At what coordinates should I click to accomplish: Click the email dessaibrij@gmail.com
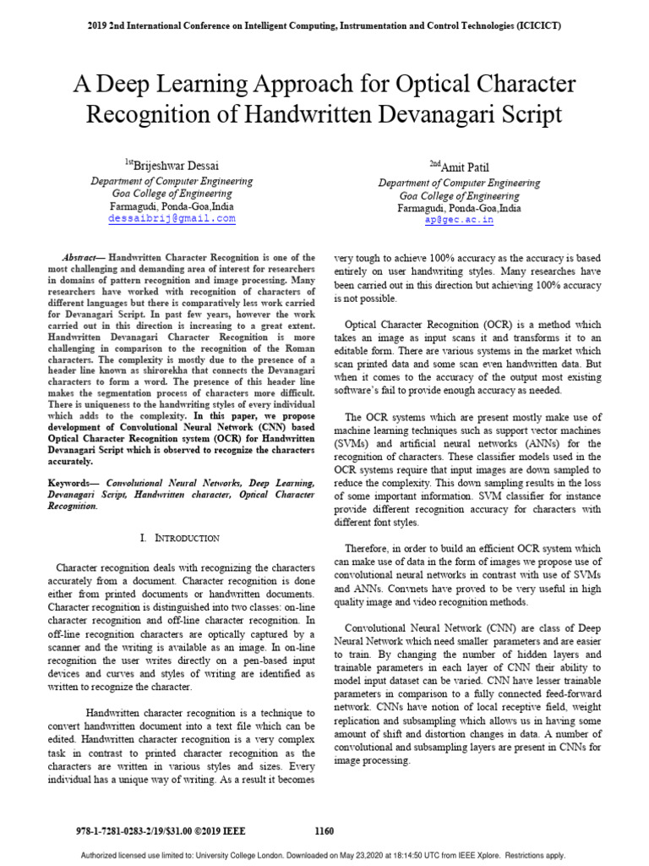[x=172, y=218]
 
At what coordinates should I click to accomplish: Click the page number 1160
[x=324, y=832]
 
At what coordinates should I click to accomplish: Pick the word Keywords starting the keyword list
[x=74, y=481]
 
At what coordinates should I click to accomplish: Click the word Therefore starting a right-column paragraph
[x=368, y=549]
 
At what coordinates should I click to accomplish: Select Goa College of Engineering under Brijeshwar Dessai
[x=172, y=194]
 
